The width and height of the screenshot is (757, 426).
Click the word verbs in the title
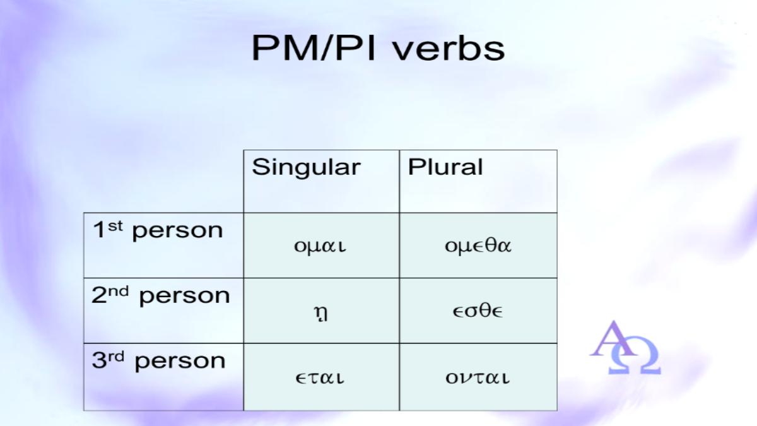(449, 47)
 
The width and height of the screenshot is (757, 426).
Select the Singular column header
(306, 167)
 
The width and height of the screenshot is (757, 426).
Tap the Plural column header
(445, 167)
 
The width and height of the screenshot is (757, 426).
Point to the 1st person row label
(158, 230)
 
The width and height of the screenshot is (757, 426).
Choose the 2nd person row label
(160, 296)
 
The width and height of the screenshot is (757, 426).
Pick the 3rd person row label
(158, 361)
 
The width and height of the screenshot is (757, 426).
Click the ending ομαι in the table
(320, 246)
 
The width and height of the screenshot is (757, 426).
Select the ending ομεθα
(478, 245)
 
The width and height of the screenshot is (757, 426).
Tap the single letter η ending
(320, 314)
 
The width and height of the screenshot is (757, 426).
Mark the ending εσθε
(478, 311)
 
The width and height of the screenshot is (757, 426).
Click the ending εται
(320, 377)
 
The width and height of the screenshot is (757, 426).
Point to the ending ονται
(477, 377)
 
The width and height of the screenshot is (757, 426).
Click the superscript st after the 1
(115, 226)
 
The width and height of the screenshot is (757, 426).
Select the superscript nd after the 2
(119, 291)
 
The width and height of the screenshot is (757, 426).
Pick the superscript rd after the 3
(116, 357)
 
